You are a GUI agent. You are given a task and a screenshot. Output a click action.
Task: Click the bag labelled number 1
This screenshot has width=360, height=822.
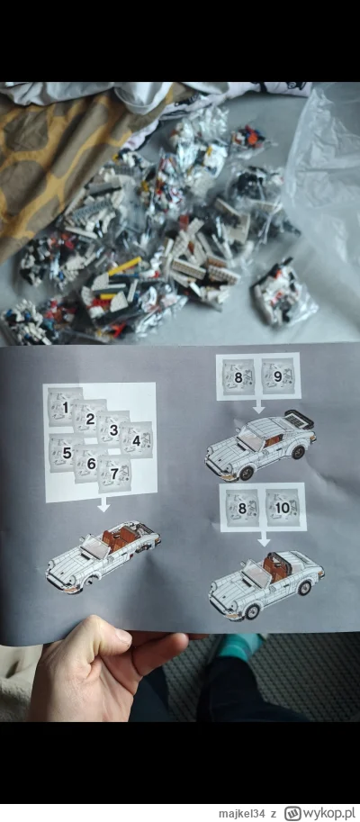[64, 408]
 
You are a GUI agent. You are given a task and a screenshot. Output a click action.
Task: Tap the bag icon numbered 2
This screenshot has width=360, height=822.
[89, 418]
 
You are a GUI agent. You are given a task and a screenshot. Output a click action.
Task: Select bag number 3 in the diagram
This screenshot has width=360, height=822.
[112, 429]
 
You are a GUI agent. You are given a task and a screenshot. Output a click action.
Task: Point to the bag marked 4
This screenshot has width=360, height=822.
[136, 440]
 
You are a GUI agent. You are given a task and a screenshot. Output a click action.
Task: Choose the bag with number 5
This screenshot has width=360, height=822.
[65, 453]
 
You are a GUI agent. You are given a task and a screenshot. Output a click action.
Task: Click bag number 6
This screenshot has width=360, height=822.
[89, 464]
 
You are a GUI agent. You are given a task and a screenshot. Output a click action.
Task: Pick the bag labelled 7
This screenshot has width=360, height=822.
[114, 474]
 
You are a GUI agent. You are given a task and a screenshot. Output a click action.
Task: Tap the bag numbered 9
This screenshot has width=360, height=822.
[278, 376]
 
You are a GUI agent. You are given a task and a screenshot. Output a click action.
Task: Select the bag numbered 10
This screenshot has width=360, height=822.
[283, 507]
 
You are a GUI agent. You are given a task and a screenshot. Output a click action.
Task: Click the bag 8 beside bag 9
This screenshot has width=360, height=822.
[238, 376]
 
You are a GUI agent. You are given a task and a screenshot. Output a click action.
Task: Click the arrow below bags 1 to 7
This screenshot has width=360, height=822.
[104, 506]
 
